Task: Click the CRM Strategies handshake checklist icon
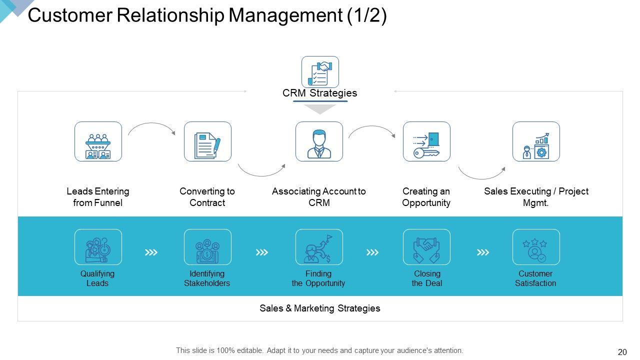tap(320, 72)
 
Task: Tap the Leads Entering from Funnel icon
tap(98, 141)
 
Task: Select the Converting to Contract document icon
tap(207, 141)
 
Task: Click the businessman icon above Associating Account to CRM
tap(319, 141)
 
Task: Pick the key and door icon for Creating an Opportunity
tap(426, 141)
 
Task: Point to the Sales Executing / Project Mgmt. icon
tap(536, 141)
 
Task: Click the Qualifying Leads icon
tap(98, 247)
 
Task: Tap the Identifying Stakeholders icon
tap(207, 247)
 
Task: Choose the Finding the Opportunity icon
tap(319, 247)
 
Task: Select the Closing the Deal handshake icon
tap(426, 247)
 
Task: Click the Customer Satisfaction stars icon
tap(536, 247)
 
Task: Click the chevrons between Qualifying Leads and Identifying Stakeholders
tap(151, 252)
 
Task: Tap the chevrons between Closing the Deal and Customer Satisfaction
tap(482, 252)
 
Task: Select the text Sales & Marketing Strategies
tap(320, 308)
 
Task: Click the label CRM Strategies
tap(320, 93)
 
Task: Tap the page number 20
tap(622, 352)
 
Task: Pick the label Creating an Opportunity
tap(426, 197)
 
